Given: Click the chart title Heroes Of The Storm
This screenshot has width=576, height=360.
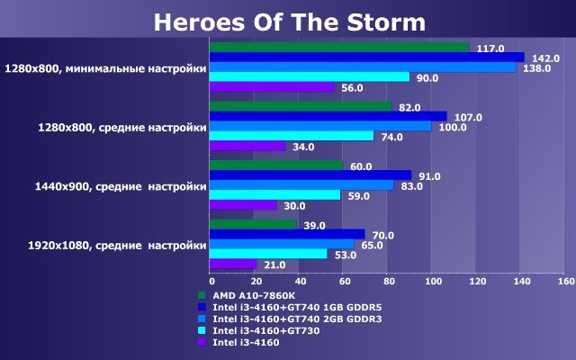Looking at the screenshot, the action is (290, 22).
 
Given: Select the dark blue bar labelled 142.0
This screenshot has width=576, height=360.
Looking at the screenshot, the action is (367, 58).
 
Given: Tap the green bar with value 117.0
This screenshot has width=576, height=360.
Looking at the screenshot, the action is (339, 48).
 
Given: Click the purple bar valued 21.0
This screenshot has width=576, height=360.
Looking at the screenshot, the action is (233, 264).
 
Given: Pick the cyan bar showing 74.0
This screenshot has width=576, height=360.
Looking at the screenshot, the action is (292, 136).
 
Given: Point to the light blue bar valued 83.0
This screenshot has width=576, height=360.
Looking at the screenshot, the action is (301, 185).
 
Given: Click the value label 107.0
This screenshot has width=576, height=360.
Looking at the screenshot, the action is (468, 118).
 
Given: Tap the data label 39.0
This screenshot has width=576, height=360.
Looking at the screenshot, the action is (314, 226).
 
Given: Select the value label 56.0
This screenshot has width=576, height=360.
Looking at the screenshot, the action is (352, 88).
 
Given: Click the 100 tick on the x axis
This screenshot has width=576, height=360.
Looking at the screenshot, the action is (434, 282).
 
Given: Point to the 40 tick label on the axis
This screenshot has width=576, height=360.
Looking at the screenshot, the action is (301, 282).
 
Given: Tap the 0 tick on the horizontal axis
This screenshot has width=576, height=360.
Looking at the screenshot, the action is (212, 282).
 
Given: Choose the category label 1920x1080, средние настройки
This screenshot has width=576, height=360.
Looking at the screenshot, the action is (117, 246).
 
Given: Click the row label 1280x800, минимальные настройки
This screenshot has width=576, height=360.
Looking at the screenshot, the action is (105, 68).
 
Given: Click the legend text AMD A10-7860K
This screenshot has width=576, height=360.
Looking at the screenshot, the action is (254, 296).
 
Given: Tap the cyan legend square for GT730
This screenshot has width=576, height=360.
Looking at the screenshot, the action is (202, 330).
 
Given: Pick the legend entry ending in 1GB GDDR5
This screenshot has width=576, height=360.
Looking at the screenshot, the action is (297, 308).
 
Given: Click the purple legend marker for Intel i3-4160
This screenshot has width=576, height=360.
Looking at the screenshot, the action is (202, 342).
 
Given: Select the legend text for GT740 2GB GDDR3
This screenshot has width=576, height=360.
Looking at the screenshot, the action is (297, 319).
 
